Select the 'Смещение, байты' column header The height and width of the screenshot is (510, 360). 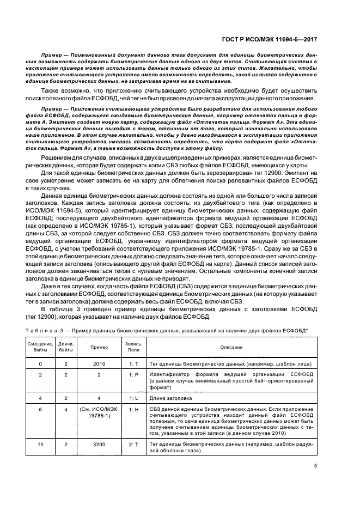(40, 347)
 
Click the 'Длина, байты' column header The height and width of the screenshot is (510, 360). (66, 347)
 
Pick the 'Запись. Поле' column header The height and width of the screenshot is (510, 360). (133, 347)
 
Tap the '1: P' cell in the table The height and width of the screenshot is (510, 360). (133, 375)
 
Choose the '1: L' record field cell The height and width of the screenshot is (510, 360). (133, 398)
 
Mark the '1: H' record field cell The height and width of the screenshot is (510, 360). (133, 409)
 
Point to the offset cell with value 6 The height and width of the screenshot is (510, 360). (40, 409)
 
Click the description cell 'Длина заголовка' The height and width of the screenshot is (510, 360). (170, 398)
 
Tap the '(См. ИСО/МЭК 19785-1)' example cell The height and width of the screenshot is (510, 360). (99, 412)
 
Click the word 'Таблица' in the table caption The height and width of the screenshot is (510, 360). (40, 331)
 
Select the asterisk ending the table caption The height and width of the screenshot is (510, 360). (307, 330)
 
